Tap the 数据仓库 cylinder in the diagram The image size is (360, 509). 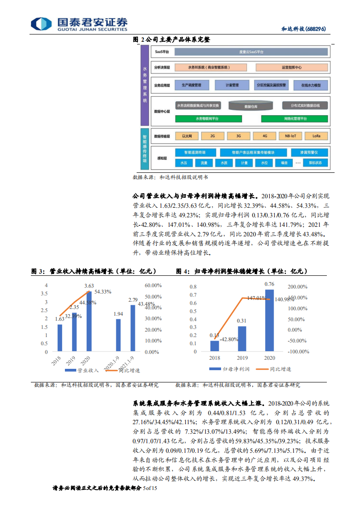point(251,107)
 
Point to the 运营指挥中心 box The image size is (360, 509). point(291,67)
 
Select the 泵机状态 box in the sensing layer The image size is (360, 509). point(315,163)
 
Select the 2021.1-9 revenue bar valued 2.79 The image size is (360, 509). point(133,328)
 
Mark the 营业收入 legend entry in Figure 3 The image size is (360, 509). point(84,370)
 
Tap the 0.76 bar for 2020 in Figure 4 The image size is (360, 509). point(269,320)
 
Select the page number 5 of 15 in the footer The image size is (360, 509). point(149,488)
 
